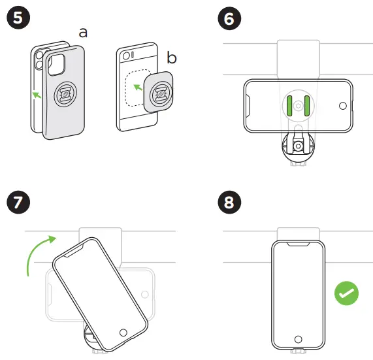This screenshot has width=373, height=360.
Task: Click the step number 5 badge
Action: click(x=18, y=18)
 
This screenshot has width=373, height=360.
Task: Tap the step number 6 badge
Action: click(x=229, y=18)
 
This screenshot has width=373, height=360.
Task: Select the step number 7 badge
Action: click(x=18, y=203)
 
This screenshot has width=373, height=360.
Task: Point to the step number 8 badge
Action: click(x=229, y=203)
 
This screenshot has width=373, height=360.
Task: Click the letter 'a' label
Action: click(x=83, y=33)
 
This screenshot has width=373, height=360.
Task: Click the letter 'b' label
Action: click(x=172, y=57)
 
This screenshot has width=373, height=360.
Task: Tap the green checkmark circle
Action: click(x=346, y=293)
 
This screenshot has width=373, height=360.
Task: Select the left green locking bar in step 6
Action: click(x=289, y=106)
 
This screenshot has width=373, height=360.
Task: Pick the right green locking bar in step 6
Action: click(x=307, y=106)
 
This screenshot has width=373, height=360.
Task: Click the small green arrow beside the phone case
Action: click(x=37, y=95)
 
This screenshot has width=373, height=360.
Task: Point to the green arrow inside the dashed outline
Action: click(x=138, y=88)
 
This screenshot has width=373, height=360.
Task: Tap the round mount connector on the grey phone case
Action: click(x=65, y=94)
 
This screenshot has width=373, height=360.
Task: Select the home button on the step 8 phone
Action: click(x=299, y=339)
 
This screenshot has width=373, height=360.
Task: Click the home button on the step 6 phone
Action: click(x=343, y=106)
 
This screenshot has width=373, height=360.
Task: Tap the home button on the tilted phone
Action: click(x=123, y=333)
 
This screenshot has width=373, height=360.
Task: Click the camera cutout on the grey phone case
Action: click(x=57, y=65)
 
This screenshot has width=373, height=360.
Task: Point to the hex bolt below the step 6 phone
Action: click(x=298, y=146)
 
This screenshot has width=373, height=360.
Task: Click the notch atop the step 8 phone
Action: click(x=299, y=244)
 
